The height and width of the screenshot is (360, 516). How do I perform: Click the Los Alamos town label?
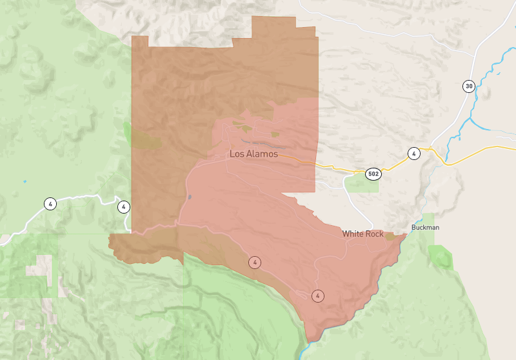pyautogui.click(x=253, y=154)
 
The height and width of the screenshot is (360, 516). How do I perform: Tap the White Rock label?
pyautogui.click(x=362, y=234)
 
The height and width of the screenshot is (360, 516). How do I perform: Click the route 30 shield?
pyautogui.click(x=468, y=86)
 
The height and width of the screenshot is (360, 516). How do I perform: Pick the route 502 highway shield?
pyautogui.click(x=373, y=174)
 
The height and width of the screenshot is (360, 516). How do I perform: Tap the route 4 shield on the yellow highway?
pyautogui.click(x=413, y=154)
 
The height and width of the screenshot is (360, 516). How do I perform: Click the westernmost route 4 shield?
pyautogui.click(x=50, y=204)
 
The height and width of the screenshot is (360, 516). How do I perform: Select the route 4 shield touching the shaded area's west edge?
pyautogui.click(x=123, y=207)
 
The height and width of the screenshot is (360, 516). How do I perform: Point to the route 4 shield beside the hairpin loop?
pyautogui.click(x=317, y=295)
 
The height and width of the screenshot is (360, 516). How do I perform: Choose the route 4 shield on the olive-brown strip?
pyautogui.click(x=255, y=262)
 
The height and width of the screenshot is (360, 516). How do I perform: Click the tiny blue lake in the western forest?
pyautogui.click(x=25, y=181)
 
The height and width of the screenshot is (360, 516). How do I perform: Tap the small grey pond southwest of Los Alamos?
pyautogui.click(x=189, y=197)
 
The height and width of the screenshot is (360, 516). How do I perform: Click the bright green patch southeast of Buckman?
pyautogui.click(x=441, y=257)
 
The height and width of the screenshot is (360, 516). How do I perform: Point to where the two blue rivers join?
pyautogui.click(x=470, y=119)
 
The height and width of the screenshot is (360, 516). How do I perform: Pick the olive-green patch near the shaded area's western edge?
pyautogui.click(x=146, y=138)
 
